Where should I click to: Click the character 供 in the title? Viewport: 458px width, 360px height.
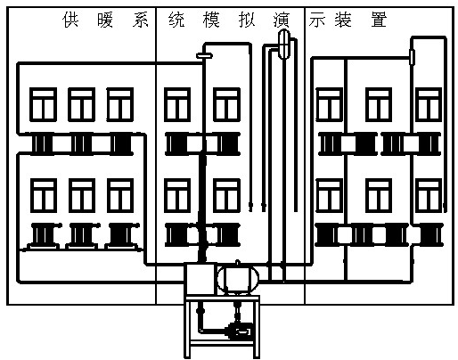70,20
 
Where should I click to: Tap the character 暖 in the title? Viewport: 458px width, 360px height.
105,20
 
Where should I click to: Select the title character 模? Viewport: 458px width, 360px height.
211,20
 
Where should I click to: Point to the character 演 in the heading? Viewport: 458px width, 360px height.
281,20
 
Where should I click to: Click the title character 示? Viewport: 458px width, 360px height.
316,20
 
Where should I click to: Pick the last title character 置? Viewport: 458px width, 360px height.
379,20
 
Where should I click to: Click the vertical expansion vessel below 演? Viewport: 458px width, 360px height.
284,44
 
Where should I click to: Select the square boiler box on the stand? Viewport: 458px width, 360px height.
200,279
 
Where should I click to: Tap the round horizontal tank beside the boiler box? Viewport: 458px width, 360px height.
238,279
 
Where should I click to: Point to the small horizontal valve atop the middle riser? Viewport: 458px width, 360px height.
204,55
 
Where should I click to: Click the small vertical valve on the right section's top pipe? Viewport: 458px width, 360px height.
412,57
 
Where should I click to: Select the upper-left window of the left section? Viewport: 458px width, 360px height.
44,104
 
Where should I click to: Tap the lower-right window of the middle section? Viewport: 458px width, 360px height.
226,195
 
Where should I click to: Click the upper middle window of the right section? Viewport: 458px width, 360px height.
379,104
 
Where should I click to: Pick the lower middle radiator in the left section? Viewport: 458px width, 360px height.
81,235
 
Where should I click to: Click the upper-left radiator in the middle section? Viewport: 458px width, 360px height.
177,144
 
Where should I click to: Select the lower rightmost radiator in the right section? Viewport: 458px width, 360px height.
430,234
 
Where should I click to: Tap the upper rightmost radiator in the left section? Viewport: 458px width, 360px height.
120,144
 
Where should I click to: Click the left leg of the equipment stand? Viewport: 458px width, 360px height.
187,327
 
